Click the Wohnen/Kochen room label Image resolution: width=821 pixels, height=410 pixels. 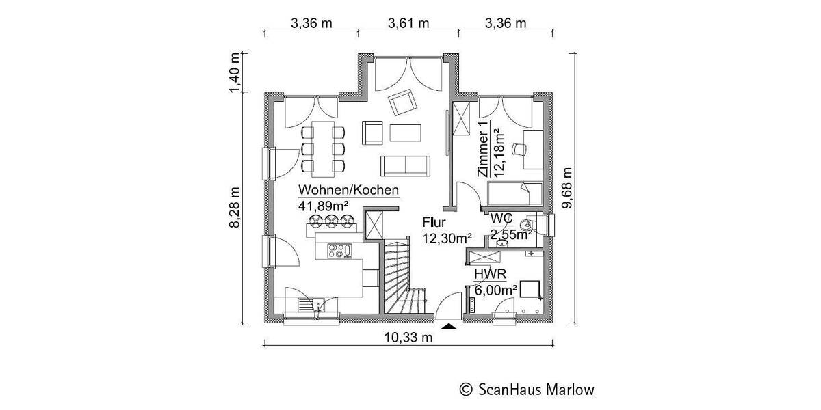pyautogui.click(x=348, y=191)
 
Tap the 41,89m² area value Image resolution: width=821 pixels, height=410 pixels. pyautogui.click(x=324, y=205)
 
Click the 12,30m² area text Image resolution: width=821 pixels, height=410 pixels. pyautogui.click(x=447, y=238)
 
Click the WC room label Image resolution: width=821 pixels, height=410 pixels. pyautogui.click(x=502, y=219)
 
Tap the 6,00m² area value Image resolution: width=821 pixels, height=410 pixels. pyautogui.click(x=495, y=290)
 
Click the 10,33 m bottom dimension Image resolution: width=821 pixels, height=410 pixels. pyautogui.click(x=408, y=337)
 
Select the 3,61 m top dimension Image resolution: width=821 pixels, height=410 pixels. pyautogui.click(x=408, y=23)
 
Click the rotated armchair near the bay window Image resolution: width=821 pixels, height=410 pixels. pyautogui.click(x=402, y=103)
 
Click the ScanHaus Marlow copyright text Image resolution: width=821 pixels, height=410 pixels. pyautogui.click(x=526, y=389)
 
